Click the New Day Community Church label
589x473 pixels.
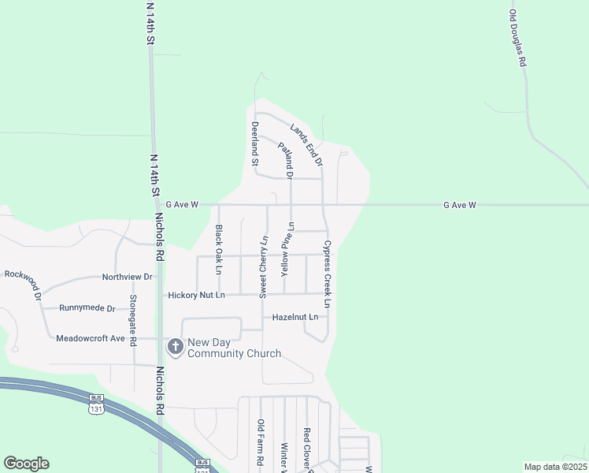click(234, 348)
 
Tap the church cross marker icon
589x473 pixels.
click(175, 347)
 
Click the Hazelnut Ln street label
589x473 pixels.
click(294, 317)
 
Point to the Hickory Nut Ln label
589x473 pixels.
click(196, 295)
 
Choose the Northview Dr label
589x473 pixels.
click(127, 277)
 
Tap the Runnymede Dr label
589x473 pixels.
click(87, 308)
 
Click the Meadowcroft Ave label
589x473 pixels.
click(91, 338)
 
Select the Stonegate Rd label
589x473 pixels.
click(133, 311)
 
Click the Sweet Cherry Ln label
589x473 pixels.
click(264, 266)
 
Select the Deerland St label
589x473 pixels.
click(254, 143)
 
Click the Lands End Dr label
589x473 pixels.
click(306, 144)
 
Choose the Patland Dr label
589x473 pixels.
click(285, 158)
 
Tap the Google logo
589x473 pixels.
click(26, 464)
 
